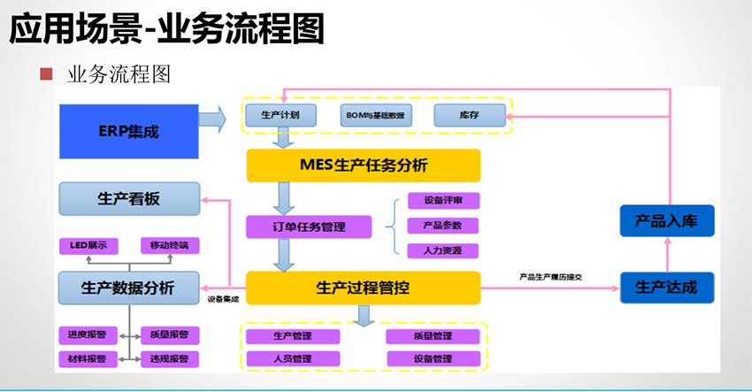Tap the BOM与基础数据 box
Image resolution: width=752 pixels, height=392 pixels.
(x=376, y=116)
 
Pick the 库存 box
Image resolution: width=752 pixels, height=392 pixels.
(x=469, y=116)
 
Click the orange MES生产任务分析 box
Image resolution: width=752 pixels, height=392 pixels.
(x=363, y=165)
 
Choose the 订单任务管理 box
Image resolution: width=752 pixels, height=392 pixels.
(x=295, y=227)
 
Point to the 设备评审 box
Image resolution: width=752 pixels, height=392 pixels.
(x=442, y=201)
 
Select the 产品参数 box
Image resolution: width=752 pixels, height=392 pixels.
(x=442, y=226)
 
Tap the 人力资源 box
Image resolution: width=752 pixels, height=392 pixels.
(x=442, y=250)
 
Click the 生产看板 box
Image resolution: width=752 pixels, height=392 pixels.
(x=128, y=199)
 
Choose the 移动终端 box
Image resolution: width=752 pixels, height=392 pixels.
(x=170, y=245)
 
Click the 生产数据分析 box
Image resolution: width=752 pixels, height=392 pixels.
(x=128, y=288)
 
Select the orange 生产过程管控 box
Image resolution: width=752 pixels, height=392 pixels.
(x=363, y=288)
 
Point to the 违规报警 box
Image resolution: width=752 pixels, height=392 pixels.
(x=170, y=359)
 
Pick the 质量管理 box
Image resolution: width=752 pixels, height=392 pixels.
(x=433, y=336)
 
